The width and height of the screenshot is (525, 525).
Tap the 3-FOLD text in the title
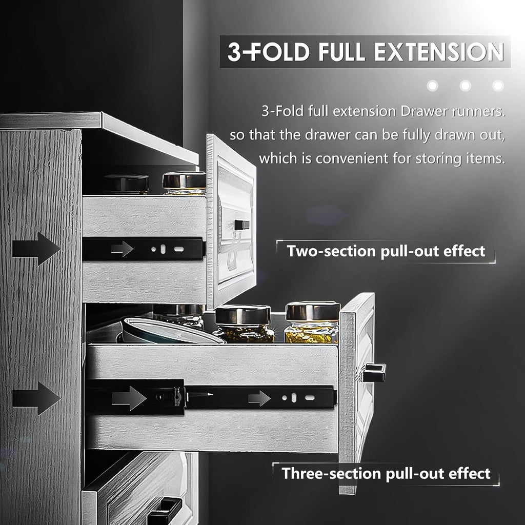[264, 53]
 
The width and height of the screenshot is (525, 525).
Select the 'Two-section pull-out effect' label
[386, 251]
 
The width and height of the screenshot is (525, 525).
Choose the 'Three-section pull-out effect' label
[386, 473]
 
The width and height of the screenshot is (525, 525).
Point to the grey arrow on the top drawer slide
[122, 249]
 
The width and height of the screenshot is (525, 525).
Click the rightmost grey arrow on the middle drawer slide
[259, 397]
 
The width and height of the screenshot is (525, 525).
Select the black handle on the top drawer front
[241, 225]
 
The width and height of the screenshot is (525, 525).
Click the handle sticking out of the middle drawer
[373, 373]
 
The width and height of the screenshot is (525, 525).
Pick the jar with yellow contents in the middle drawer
[312, 323]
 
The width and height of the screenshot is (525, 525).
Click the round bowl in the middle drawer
[169, 331]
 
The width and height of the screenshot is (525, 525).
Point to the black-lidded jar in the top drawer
[126, 184]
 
